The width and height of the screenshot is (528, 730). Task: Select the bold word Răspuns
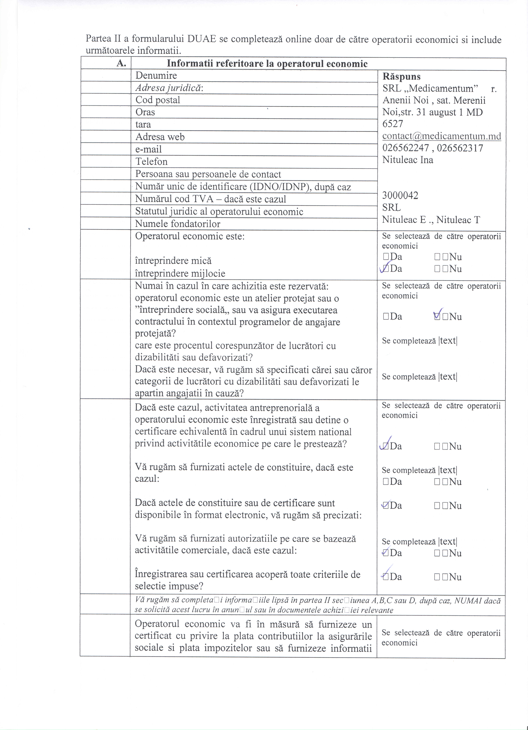(x=402, y=77)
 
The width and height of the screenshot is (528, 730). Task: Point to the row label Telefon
(x=151, y=161)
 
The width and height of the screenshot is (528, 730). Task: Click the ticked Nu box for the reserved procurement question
(x=437, y=317)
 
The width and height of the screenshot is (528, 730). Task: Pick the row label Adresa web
(x=160, y=137)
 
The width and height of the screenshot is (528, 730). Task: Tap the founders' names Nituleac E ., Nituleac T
(x=431, y=220)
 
